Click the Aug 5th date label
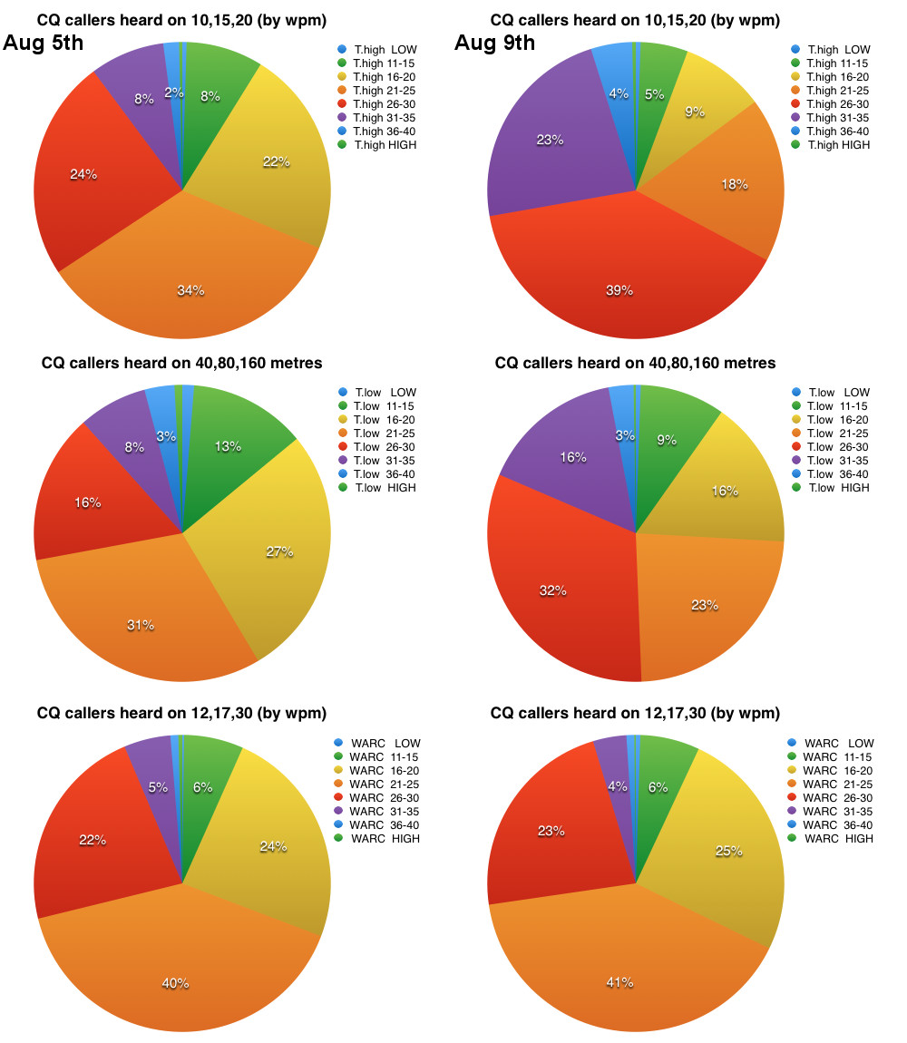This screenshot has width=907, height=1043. click(44, 43)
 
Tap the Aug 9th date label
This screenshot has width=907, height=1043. click(494, 43)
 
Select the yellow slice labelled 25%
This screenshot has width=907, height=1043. click(726, 853)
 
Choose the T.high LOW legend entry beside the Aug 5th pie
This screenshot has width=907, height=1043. click(376, 49)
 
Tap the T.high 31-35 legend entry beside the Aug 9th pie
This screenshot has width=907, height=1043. click(830, 117)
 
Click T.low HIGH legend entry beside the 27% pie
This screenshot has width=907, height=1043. click(375, 487)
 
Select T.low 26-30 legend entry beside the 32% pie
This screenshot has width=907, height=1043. click(829, 446)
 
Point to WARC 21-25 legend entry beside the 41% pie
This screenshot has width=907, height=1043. click(830, 784)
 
